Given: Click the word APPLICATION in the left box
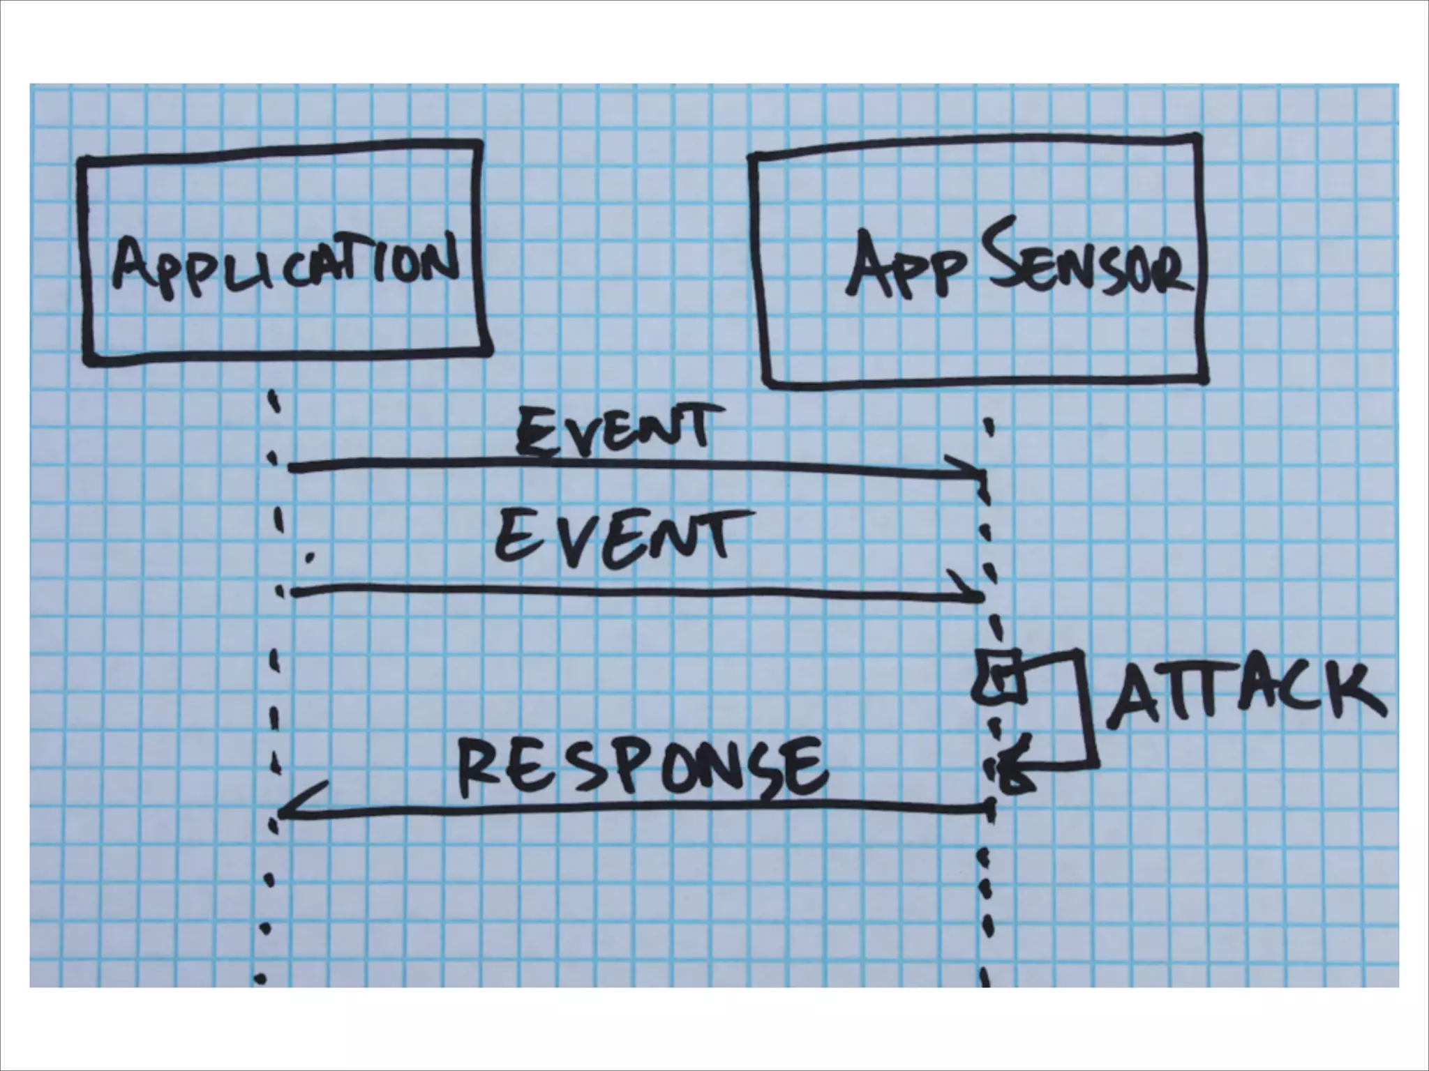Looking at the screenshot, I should click(285, 268).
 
